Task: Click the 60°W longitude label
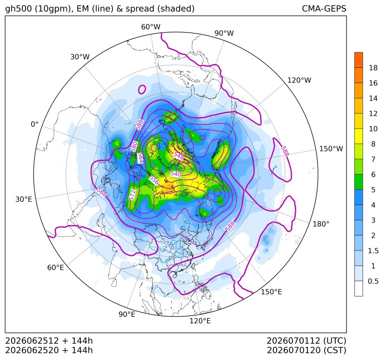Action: pos(151,27)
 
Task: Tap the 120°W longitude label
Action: pos(299,80)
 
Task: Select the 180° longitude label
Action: pos(321,224)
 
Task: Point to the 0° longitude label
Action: pos(34,124)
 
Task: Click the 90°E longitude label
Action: pos(127,315)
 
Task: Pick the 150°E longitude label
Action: pos(271,292)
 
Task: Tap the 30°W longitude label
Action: pos(80,57)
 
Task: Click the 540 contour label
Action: pos(176,174)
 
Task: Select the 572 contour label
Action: pos(132,195)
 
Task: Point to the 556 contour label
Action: pos(154,180)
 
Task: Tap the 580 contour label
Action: pos(134,147)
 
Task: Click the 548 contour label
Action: pos(178,156)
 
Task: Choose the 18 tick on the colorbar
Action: pos(373,68)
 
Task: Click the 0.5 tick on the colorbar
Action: pos(373,281)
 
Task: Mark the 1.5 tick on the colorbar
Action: pos(373,251)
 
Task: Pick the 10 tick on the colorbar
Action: pos(373,129)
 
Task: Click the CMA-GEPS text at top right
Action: pos(324,9)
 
